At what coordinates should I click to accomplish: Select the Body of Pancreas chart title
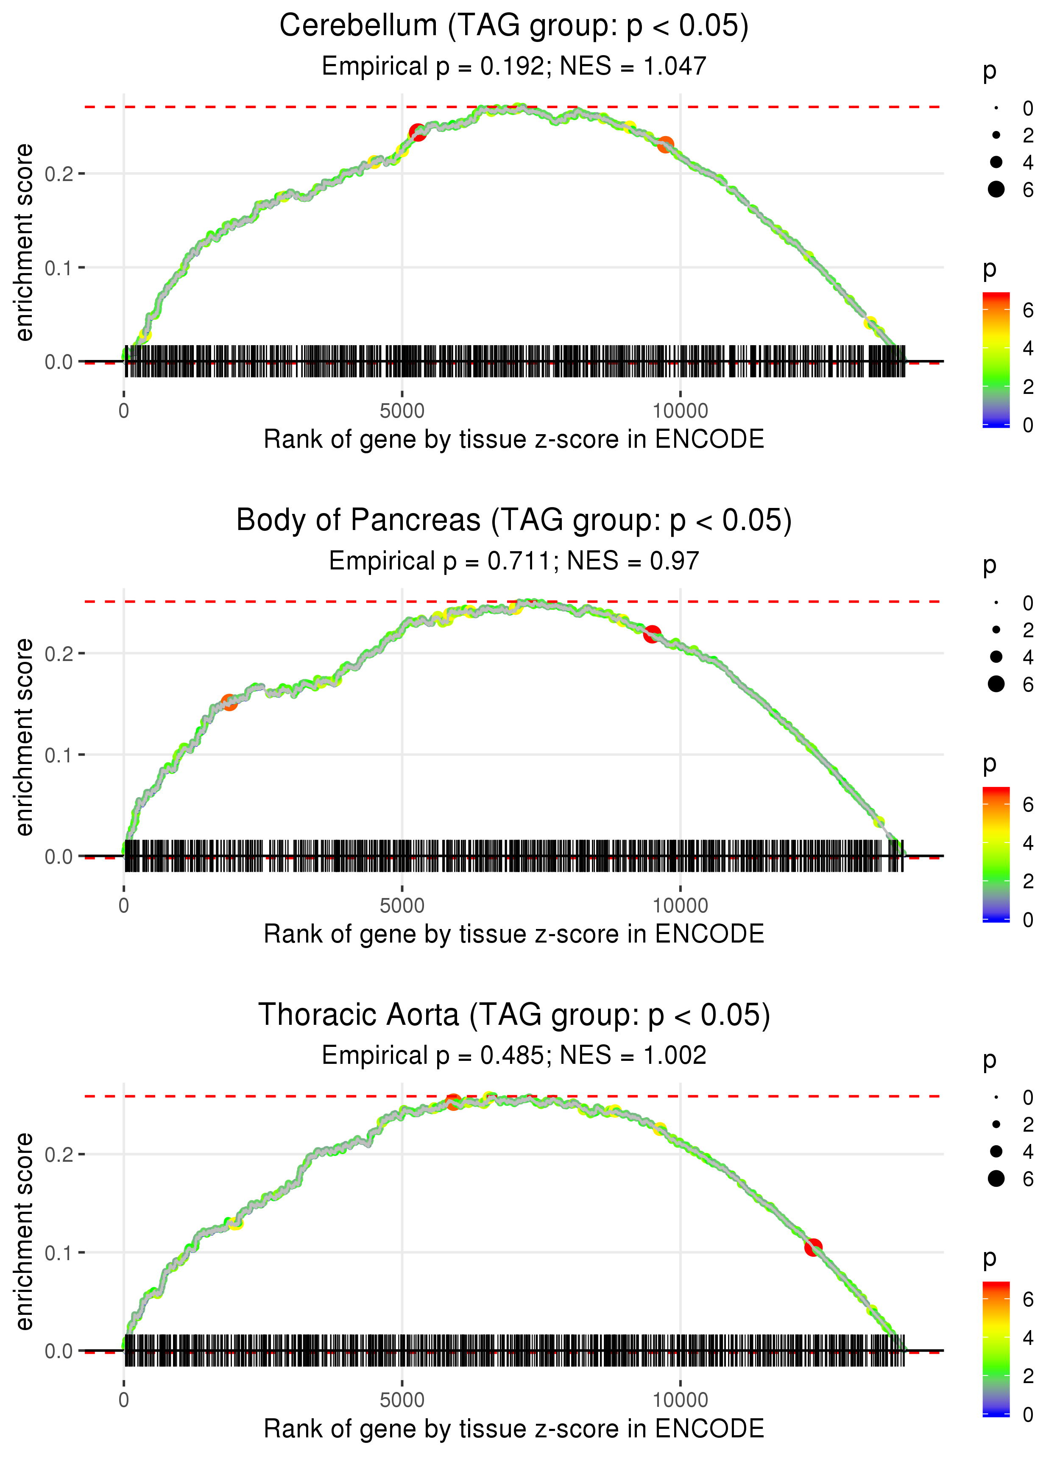[514, 521]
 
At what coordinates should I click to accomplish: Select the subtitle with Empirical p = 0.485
[514, 1056]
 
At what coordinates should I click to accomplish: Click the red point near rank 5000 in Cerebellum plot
[417, 132]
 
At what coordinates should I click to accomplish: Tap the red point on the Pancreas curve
[651, 634]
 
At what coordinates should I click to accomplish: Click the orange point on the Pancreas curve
[229, 702]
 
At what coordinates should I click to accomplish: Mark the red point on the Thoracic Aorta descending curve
[813, 1247]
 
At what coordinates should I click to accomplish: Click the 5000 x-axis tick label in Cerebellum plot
[402, 411]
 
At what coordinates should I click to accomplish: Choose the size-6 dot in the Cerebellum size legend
[996, 189]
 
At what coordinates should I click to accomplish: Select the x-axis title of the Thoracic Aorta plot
[514, 1428]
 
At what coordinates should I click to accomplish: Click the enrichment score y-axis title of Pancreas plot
[24, 737]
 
